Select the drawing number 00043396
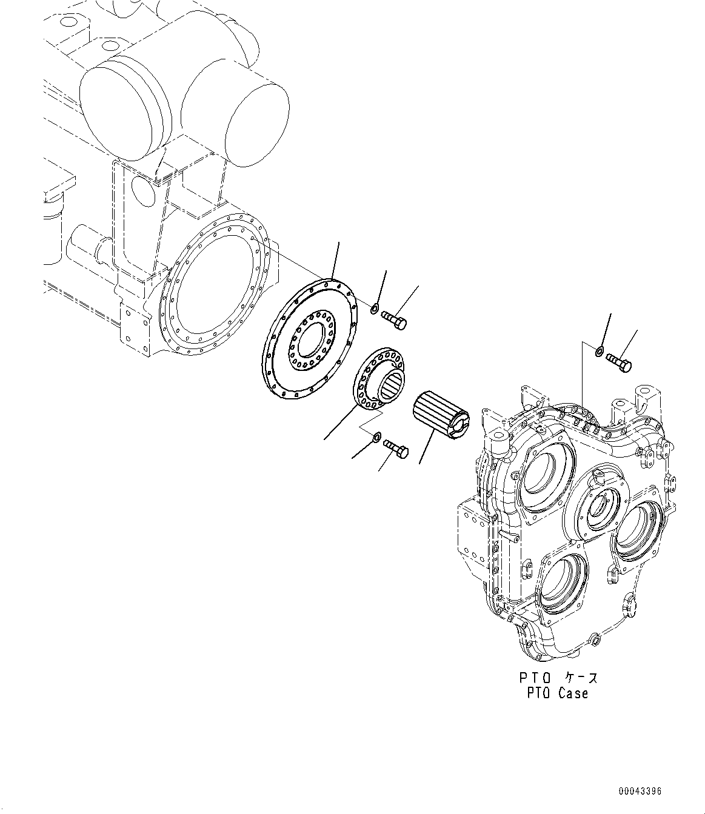(640, 792)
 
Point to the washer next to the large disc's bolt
(375, 311)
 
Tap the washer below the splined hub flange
(376, 436)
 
